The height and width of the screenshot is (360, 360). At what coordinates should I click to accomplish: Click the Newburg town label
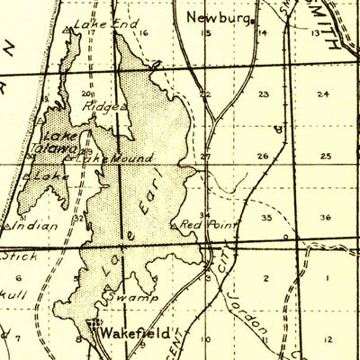(x=218, y=16)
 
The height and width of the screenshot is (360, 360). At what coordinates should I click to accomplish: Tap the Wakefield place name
(x=134, y=332)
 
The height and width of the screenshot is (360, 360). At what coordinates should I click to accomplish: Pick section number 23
(x=263, y=94)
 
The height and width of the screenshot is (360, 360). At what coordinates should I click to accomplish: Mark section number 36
(x=325, y=217)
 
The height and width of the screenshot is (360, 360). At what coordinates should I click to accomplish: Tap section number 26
(x=262, y=156)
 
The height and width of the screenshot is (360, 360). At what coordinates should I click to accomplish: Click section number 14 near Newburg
(x=263, y=33)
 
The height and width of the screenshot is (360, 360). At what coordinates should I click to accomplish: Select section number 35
(x=266, y=217)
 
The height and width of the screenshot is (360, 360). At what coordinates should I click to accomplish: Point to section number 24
(x=323, y=94)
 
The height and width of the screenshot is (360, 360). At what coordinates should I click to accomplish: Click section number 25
(x=325, y=156)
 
